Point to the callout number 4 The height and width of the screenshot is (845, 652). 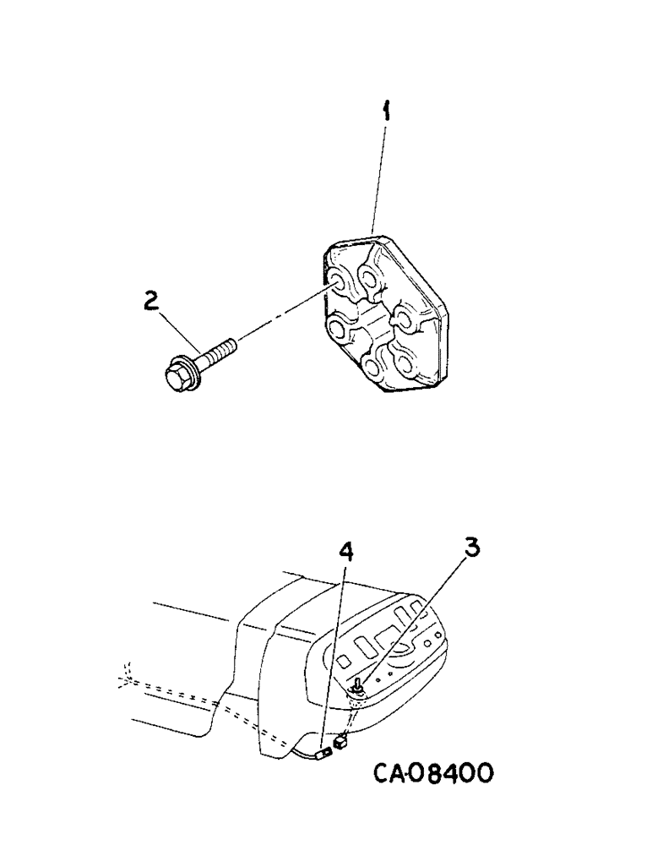coord(345,553)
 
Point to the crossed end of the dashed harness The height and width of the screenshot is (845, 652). coord(128,673)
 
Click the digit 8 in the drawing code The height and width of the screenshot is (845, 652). coord(434,772)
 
